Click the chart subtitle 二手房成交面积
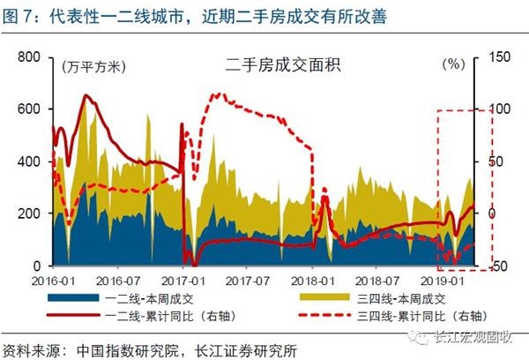(x=264, y=65)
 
